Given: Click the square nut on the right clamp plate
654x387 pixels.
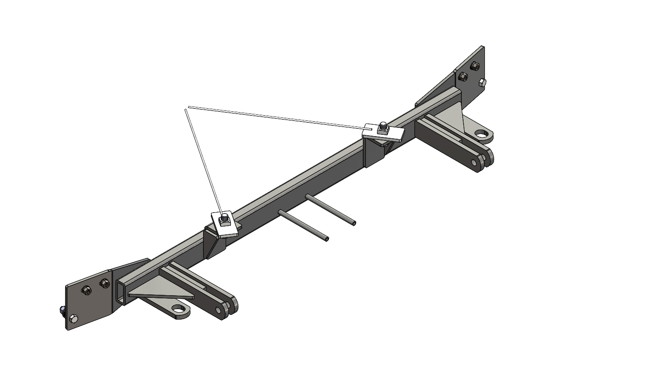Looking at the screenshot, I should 383,128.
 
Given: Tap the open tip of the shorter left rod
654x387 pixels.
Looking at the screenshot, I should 327,239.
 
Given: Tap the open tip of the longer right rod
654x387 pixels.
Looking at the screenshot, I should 354,224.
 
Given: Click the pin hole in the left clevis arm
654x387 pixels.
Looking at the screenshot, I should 218,310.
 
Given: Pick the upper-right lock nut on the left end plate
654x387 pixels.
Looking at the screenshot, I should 104,284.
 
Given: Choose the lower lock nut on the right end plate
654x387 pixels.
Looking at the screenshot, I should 463,77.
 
